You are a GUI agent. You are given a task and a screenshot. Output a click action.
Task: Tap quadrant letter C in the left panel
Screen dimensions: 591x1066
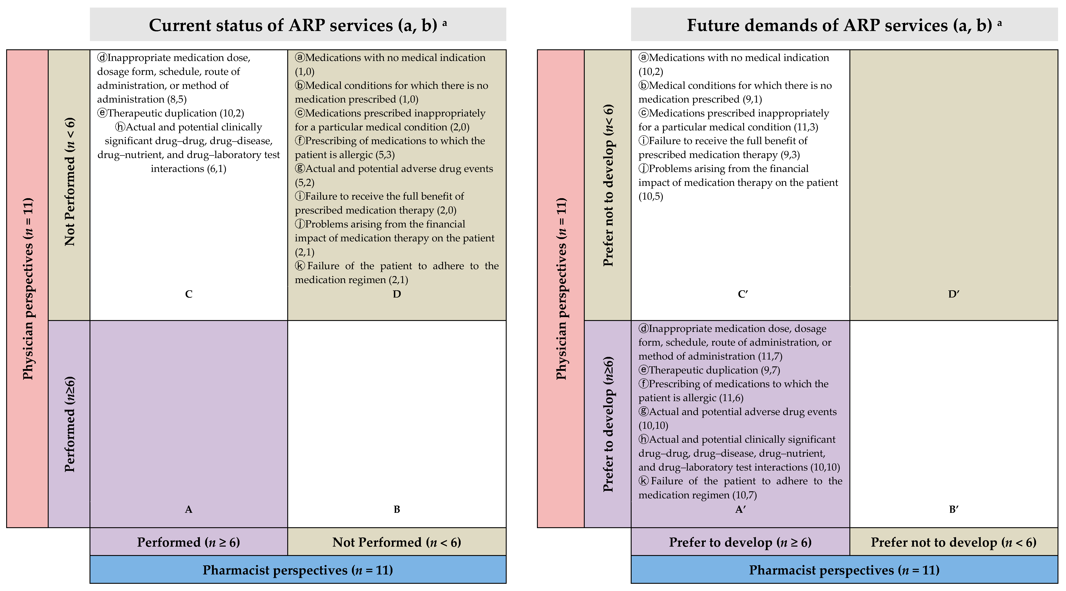189,294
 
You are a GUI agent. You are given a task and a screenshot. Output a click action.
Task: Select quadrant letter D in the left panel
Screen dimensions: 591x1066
397,294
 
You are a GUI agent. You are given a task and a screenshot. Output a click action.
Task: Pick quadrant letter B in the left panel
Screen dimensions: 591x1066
397,509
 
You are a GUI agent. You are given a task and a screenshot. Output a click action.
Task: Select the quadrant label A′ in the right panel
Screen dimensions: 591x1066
740,509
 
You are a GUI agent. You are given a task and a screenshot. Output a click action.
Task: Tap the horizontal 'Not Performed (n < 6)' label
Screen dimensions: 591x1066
397,542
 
